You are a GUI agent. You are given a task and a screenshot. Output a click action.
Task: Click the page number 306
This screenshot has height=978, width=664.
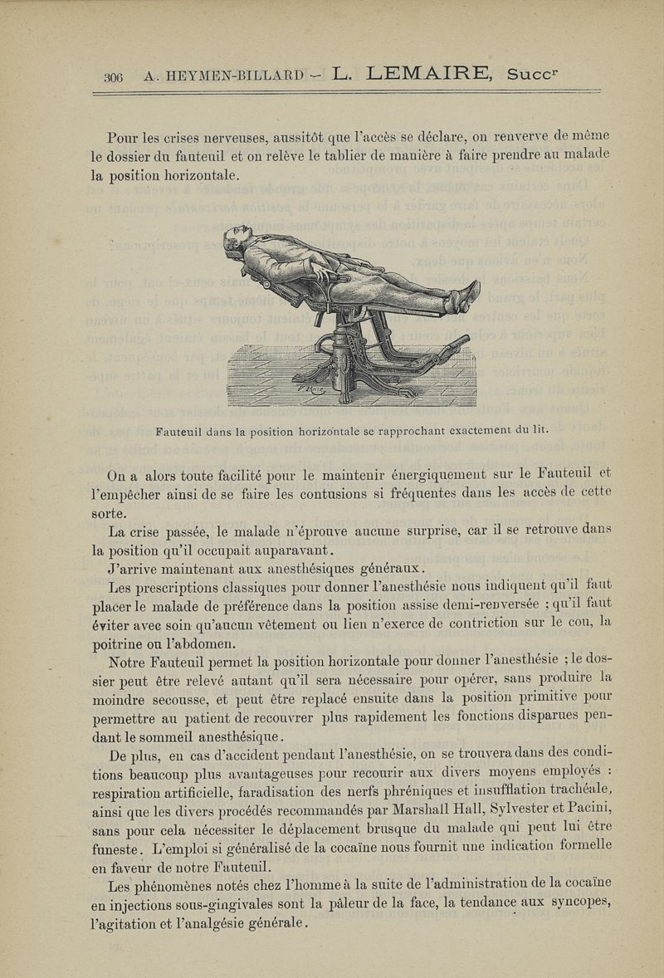pos(113,76)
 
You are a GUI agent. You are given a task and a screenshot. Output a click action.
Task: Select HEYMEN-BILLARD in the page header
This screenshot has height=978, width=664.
pos(221,76)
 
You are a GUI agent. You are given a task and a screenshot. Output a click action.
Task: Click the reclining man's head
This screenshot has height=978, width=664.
pos(237,240)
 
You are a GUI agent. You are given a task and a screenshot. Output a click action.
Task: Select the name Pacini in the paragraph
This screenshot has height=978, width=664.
pos(590,806)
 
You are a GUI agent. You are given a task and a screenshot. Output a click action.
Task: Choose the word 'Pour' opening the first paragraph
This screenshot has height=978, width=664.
pos(123,137)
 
